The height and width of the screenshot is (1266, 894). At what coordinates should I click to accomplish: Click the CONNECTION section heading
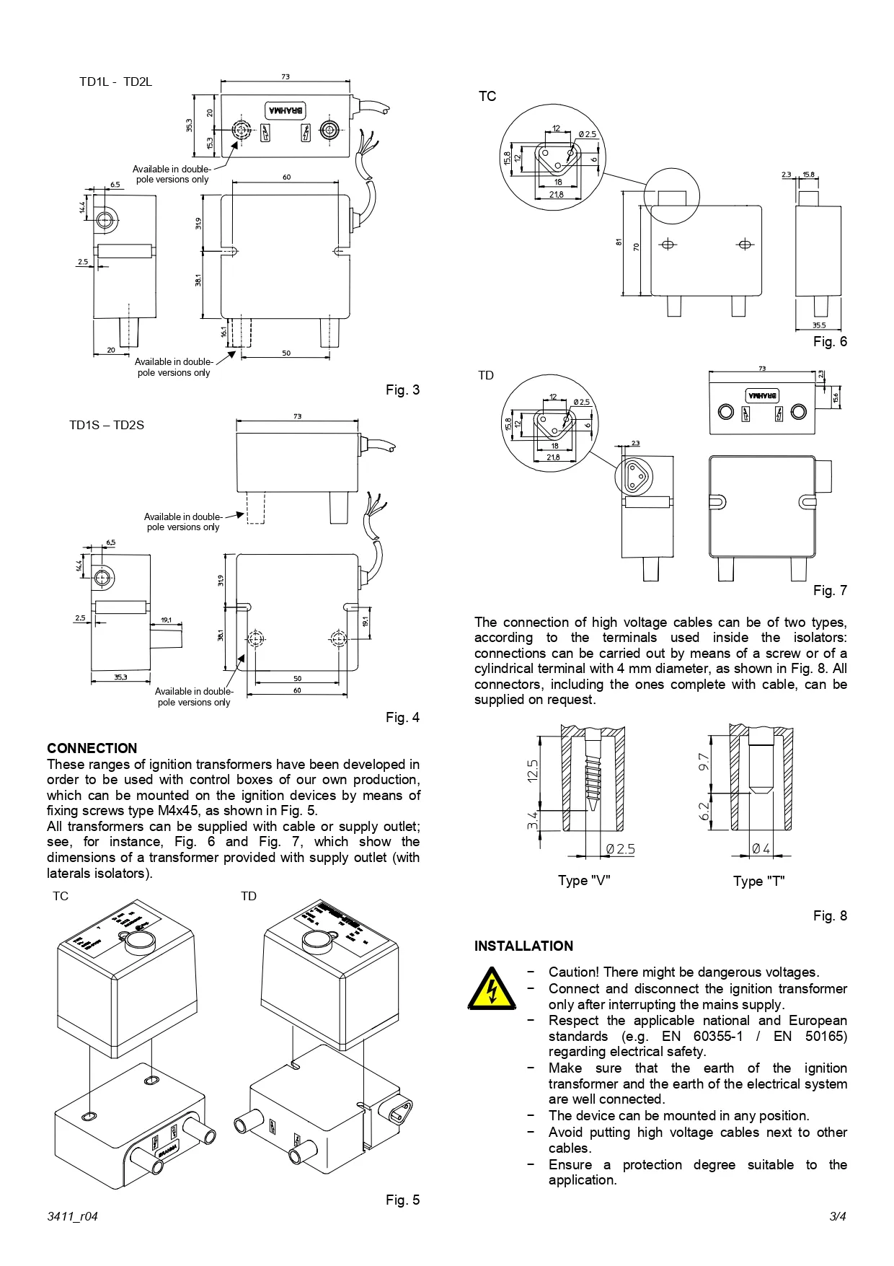click(92, 748)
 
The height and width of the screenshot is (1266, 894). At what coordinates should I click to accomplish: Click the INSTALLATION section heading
click(523, 946)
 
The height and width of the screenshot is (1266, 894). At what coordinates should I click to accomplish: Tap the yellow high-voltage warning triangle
click(492, 989)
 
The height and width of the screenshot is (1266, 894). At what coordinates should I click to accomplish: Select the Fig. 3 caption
click(402, 390)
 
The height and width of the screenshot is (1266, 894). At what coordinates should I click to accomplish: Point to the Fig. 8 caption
click(830, 915)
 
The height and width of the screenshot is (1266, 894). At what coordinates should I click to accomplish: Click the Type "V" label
click(583, 881)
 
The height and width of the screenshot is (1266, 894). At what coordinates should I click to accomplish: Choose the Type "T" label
click(758, 881)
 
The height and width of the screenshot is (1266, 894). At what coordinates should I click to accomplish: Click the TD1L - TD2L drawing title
click(115, 82)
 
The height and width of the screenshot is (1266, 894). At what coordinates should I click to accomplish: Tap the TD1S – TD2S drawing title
click(107, 425)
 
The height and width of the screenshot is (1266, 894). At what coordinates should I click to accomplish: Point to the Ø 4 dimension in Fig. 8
click(761, 849)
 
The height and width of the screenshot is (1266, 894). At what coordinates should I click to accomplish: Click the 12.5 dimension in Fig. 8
click(533, 770)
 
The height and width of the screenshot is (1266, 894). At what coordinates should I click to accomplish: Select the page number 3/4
click(838, 1216)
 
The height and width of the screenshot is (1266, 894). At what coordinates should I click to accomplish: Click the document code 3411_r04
click(72, 1216)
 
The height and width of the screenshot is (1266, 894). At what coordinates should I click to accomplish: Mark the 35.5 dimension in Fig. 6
click(818, 325)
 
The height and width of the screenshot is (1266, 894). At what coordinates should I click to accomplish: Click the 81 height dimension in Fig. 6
click(619, 242)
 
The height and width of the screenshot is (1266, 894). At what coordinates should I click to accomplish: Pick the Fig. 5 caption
click(402, 1200)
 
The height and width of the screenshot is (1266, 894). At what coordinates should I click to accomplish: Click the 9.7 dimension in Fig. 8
click(704, 761)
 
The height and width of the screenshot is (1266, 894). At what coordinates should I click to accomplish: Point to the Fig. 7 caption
click(830, 590)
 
